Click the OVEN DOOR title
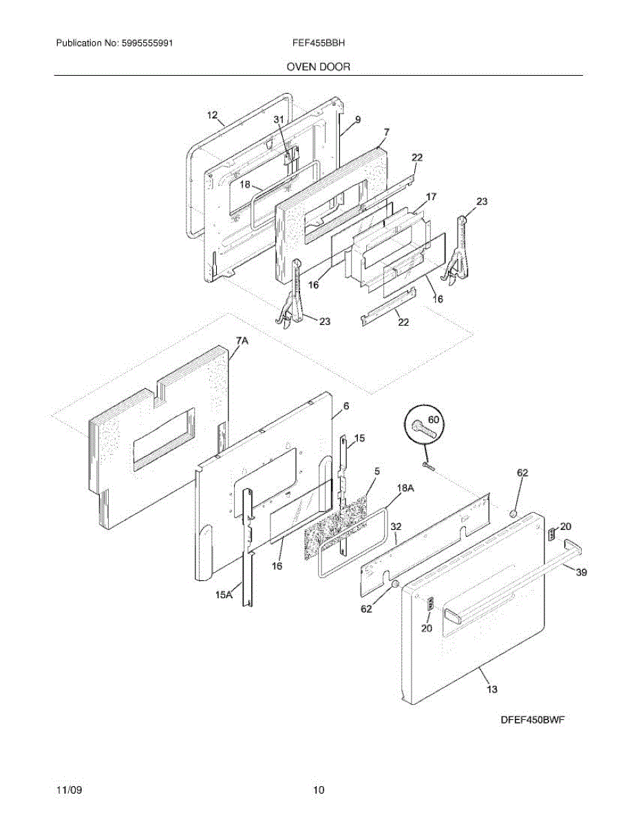click(319, 67)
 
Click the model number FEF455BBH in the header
click(319, 43)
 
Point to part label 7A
click(242, 341)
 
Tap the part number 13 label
click(492, 688)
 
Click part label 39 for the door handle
click(581, 572)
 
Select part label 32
click(396, 526)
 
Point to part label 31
click(279, 119)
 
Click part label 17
click(431, 197)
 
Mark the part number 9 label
click(357, 120)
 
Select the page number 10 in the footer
click(318, 790)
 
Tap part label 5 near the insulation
click(377, 472)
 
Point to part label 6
click(345, 407)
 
